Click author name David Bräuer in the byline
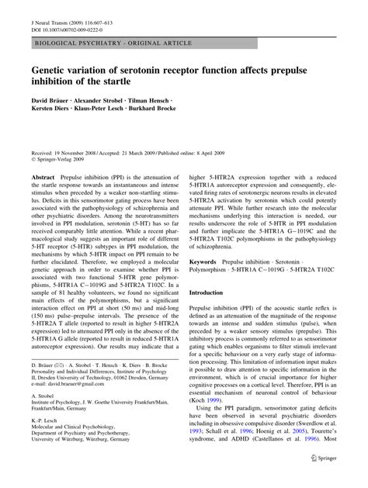pos(50,102)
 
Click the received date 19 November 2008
pos(72,139)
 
